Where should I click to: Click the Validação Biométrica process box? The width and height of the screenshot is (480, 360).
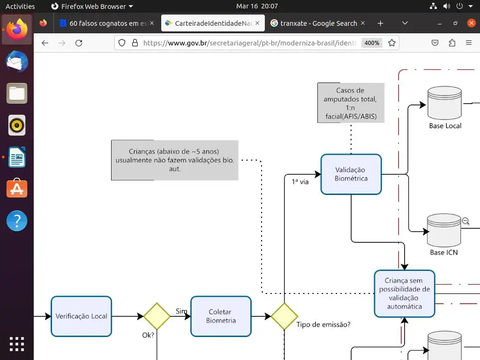[351, 174]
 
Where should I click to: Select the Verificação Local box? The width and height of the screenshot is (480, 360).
[81, 316]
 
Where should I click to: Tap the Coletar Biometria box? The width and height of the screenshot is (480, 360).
[221, 316]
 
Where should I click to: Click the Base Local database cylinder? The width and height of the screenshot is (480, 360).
[444, 104]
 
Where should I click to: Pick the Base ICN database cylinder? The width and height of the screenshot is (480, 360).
[443, 230]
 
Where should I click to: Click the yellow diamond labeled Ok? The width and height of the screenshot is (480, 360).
[157, 316]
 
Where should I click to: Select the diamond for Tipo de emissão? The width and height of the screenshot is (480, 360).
[284, 316]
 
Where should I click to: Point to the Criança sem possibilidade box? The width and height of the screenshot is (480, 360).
[404, 293]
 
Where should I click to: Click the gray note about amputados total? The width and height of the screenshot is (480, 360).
[351, 103]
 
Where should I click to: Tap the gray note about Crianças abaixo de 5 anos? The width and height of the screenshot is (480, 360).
[174, 160]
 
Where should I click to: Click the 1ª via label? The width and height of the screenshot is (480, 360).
[300, 182]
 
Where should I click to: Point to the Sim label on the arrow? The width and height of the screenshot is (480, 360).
[181, 311]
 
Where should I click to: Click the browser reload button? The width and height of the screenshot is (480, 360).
[79, 43]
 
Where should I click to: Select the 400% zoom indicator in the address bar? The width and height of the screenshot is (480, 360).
[372, 43]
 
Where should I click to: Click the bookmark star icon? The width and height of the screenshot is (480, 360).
[392, 43]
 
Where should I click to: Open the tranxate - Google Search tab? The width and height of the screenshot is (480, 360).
[314, 23]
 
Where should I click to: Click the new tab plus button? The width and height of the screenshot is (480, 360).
[380, 23]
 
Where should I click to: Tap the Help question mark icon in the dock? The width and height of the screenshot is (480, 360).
[17, 221]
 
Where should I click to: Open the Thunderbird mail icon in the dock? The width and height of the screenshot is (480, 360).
[17, 62]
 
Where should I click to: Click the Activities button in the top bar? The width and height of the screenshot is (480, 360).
[20, 6]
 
